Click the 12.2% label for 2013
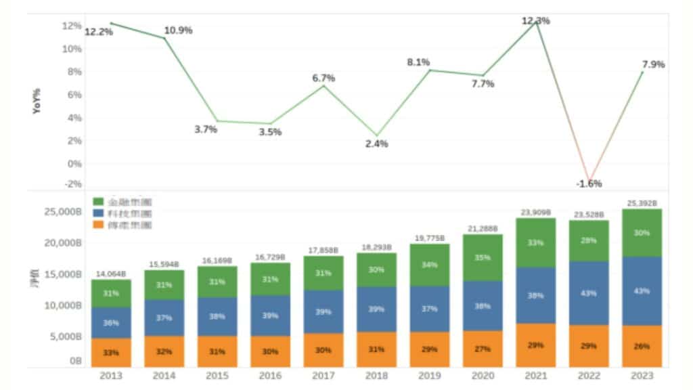(x=99, y=32)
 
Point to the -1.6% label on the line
(x=589, y=183)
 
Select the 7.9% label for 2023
(x=653, y=65)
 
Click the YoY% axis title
(x=37, y=100)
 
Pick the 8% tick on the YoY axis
(x=72, y=72)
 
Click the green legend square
(x=98, y=201)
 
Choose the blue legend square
(x=98, y=213)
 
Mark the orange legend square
(x=98, y=224)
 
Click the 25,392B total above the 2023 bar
(x=642, y=203)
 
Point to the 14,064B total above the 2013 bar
(x=110, y=274)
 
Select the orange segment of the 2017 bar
(x=323, y=350)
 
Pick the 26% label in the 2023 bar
(x=642, y=346)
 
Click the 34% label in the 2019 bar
(x=430, y=265)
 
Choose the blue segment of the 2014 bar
(x=164, y=317)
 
